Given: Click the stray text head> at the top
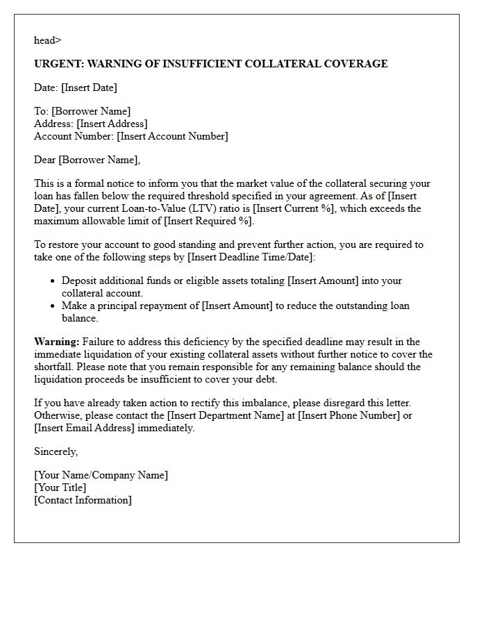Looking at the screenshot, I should tap(47, 40).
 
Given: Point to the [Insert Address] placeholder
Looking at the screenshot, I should tap(112, 124).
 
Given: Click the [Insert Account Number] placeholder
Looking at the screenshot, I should tap(172, 136).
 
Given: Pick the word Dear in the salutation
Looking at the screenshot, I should tap(45, 160).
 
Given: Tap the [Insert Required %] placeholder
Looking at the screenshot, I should tap(209, 221).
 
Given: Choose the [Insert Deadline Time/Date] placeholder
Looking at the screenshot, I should tap(251, 257).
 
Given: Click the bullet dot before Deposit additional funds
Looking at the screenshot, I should tap(53, 281).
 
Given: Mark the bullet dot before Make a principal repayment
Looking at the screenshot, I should tap(53, 306).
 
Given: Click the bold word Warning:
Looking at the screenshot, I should tap(56, 342).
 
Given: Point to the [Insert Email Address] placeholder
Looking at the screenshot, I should tap(84, 428).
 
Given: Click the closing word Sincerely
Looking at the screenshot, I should tap(56, 451).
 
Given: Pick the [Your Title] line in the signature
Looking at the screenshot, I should tap(60, 487).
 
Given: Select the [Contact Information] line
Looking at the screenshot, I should tap(83, 500).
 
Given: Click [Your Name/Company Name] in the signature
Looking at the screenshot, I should tap(101, 475).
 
